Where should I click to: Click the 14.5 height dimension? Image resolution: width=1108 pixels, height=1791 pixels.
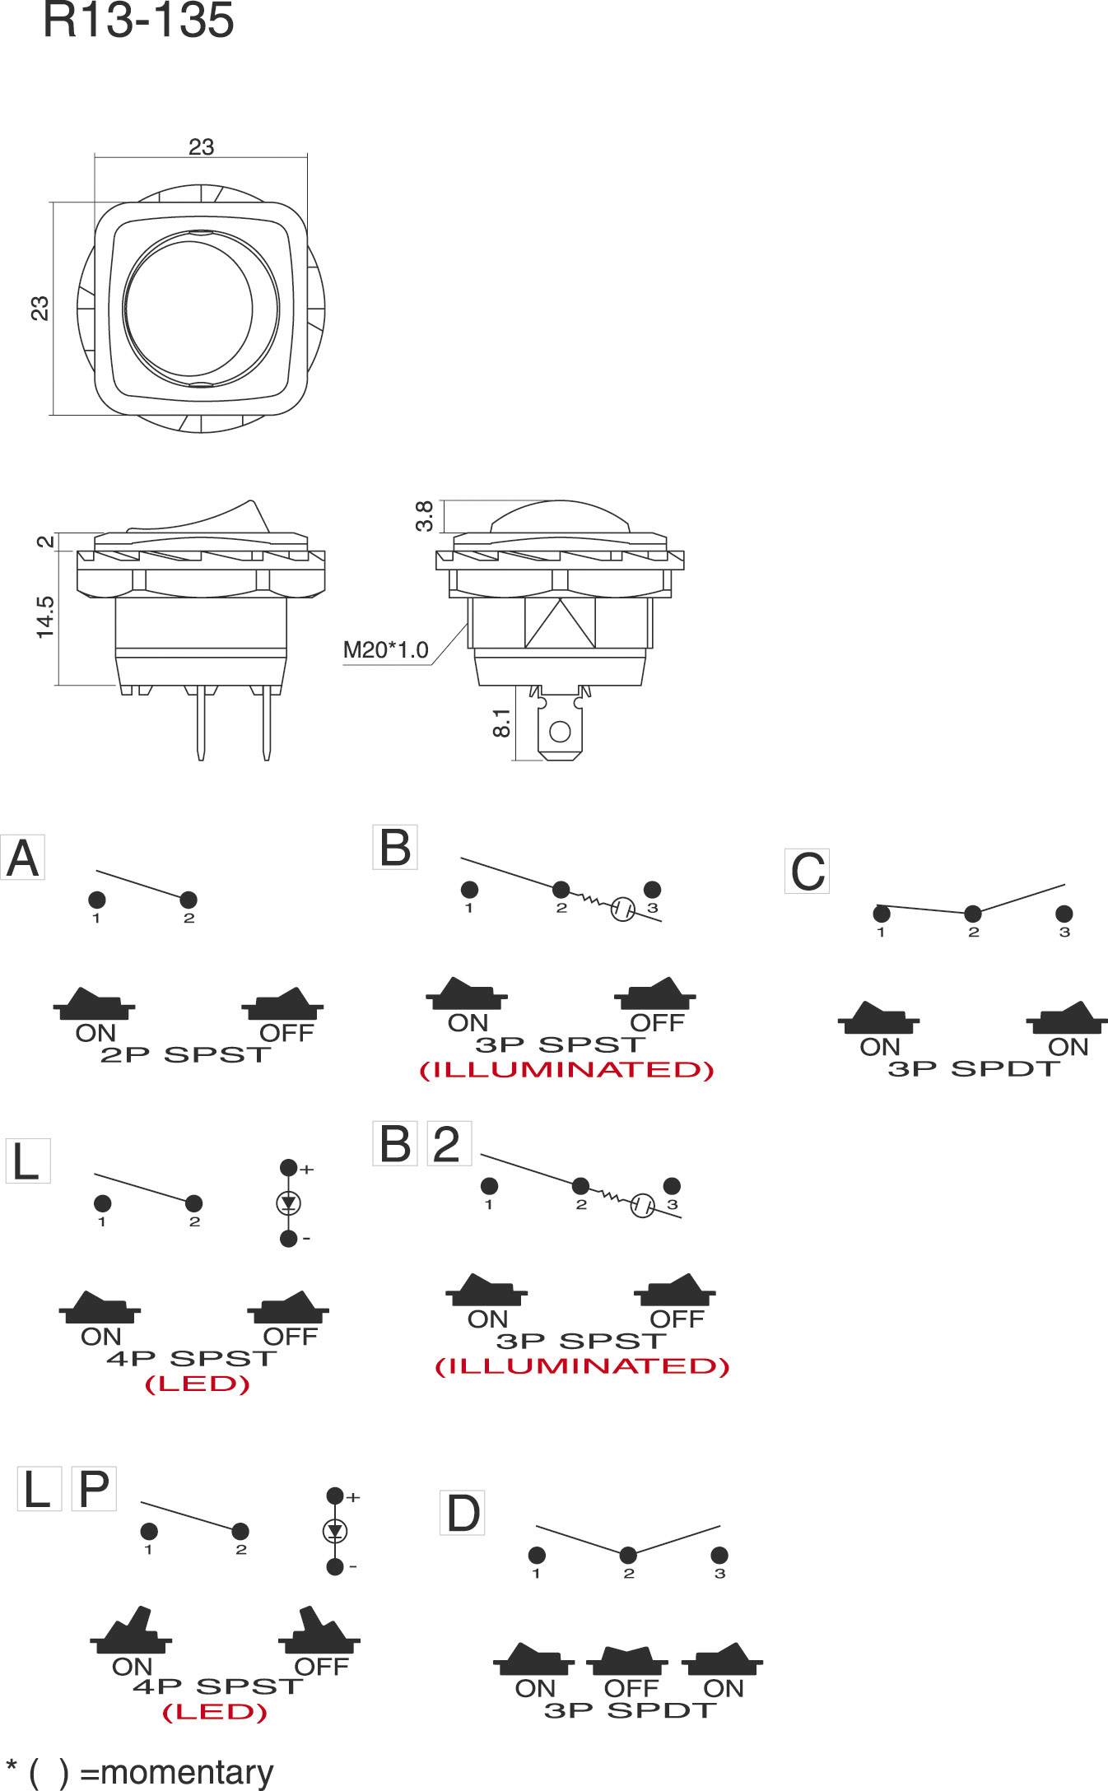click(44, 616)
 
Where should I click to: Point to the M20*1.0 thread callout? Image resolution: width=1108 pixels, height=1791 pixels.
click(385, 650)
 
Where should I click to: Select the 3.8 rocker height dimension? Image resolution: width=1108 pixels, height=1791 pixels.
click(425, 516)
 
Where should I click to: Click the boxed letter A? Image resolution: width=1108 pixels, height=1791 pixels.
click(22, 858)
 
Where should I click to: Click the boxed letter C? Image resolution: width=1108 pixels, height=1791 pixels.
click(807, 872)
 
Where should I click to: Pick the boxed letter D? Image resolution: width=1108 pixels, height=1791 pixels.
click(463, 1513)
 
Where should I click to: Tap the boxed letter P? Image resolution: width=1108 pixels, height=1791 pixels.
click(94, 1489)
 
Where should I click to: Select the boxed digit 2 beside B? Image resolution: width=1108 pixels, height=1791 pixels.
click(449, 1144)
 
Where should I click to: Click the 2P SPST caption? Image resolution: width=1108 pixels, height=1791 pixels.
click(186, 1055)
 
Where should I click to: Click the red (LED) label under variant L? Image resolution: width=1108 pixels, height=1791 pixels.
click(198, 1384)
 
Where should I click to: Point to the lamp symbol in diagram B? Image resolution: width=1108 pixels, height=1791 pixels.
click(622, 909)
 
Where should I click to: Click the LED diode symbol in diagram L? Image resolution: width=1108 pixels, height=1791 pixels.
click(288, 1203)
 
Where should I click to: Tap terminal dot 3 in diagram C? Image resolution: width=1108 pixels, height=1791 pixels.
click(1064, 914)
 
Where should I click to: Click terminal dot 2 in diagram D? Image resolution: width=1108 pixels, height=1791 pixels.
click(628, 1555)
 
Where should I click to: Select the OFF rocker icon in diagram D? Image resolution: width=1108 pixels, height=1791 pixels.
click(628, 1662)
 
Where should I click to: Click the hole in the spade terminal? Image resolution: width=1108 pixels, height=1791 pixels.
click(561, 731)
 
